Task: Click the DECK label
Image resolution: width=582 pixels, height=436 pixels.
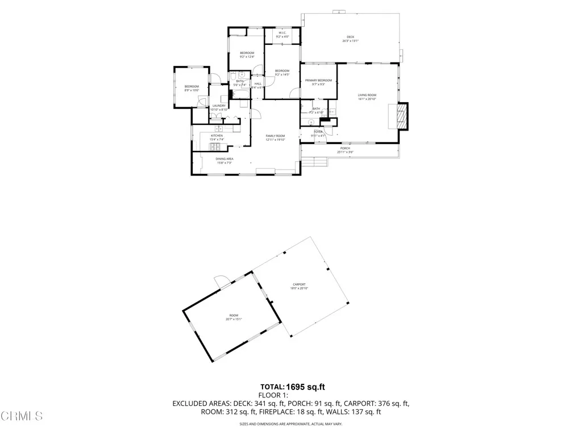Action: click(x=350, y=37)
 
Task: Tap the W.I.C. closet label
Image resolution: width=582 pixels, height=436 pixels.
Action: click(x=282, y=33)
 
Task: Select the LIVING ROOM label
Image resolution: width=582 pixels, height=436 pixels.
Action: click(x=367, y=95)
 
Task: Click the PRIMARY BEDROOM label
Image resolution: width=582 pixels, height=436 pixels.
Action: click(x=318, y=81)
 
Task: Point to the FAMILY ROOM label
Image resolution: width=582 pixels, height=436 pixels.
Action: click(x=275, y=136)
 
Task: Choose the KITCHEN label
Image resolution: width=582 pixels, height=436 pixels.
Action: click(x=217, y=136)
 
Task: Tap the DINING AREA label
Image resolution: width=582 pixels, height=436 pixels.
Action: click(x=224, y=159)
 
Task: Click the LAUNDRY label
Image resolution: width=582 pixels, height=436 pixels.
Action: click(x=219, y=106)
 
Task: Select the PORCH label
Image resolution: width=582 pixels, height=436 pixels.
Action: click(x=345, y=148)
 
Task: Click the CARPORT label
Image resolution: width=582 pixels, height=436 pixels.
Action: click(x=299, y=284)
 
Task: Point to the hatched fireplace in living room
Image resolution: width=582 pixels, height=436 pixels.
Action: click(x=402, y=116)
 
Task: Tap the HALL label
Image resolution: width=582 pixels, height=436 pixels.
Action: click(x=257, y=84)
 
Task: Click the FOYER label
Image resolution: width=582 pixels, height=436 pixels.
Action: click(x=318, y=132)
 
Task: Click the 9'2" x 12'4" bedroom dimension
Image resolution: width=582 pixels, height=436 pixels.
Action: click(x=247, y=57)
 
